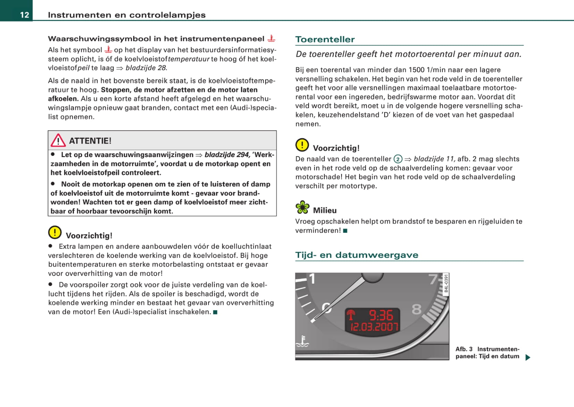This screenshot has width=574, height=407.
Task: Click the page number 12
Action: [24, 15]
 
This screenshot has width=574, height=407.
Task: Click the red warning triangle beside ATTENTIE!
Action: [58, 140]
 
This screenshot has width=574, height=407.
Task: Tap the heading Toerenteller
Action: [325, 40]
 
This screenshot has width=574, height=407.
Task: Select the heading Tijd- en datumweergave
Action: [357, 255]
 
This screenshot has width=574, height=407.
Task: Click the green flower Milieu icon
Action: [302, 207]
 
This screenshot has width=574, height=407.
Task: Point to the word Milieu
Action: [325, 210]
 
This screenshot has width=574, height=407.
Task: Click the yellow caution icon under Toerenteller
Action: [302, 145]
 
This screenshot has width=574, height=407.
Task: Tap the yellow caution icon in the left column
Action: [55, 232]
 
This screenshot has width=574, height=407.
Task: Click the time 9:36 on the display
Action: [381, 315]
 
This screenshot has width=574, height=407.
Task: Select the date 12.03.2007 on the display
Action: [374, 327]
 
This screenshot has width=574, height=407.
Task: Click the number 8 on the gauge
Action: [416, 309]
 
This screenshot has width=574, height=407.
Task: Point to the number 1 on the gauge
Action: [312, 279]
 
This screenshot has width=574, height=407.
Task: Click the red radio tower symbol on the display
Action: [351, 315]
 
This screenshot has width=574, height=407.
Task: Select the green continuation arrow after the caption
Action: [528, 357]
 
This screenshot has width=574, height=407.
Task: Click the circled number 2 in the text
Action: [398, 159]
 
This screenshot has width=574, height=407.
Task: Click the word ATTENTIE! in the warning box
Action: [90, 141]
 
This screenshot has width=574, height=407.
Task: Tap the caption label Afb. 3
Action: [464, 349]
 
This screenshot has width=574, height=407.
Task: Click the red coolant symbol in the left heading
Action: [271, 38]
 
